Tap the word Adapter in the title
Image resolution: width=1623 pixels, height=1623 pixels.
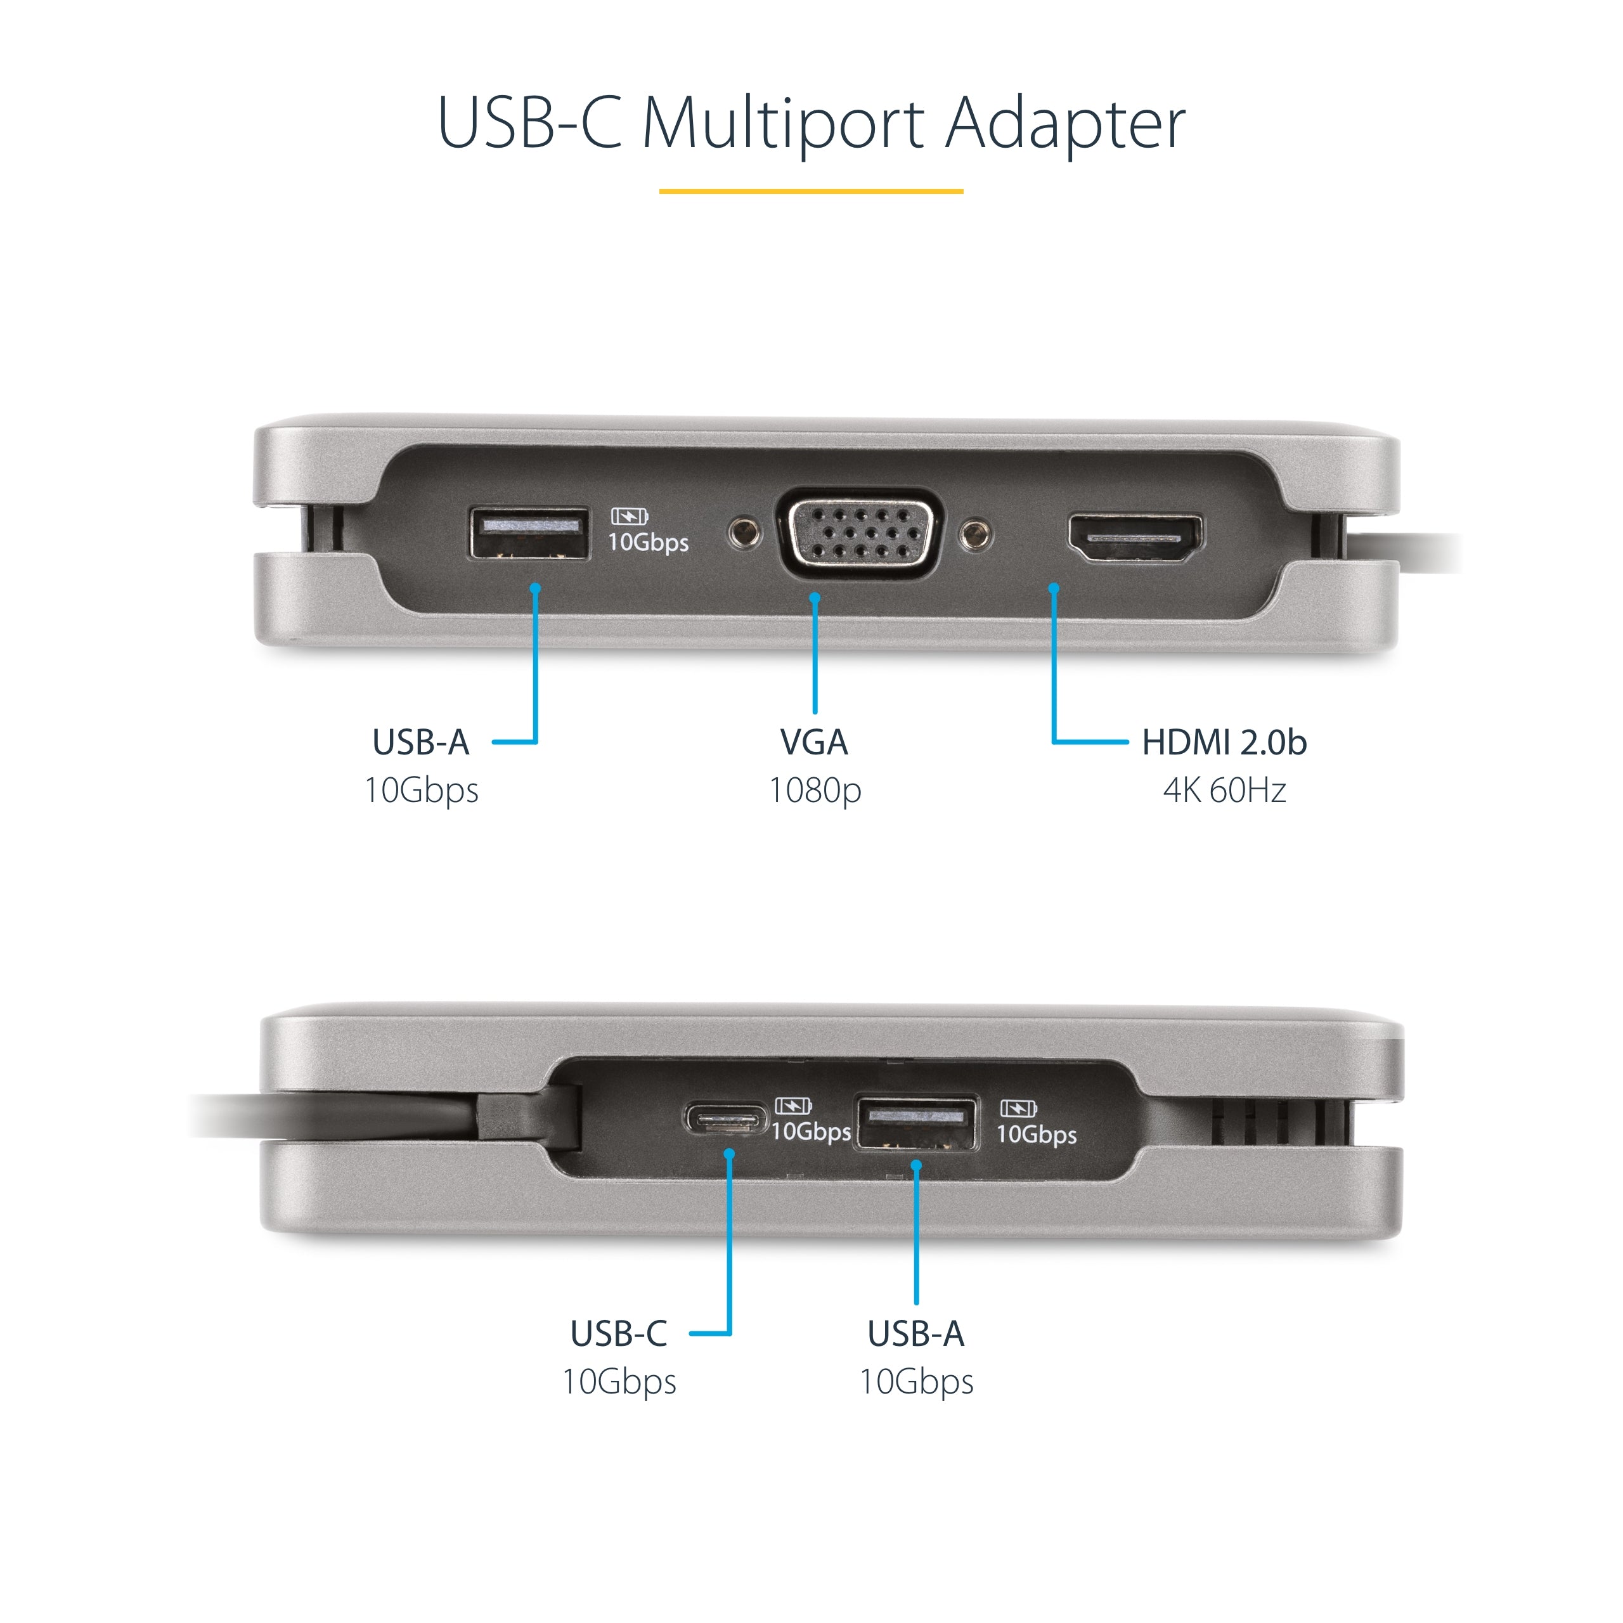[1064, 124]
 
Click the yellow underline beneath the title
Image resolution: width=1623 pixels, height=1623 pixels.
[811, 191]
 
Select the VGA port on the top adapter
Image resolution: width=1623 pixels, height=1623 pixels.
[860, 533]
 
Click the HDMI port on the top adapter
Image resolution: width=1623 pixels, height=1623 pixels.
[1134, 538]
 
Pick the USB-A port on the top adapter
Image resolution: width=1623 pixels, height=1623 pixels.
[528, 533]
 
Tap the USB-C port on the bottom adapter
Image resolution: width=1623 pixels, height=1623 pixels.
[725, 1119]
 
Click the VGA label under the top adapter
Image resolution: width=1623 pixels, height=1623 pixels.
[814, 742]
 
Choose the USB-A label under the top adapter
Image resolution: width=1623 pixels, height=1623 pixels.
[420, 742]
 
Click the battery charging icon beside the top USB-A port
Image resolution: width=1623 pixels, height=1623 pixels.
[628, 516]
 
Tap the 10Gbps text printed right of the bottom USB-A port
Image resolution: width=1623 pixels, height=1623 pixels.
[1036, 1134]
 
